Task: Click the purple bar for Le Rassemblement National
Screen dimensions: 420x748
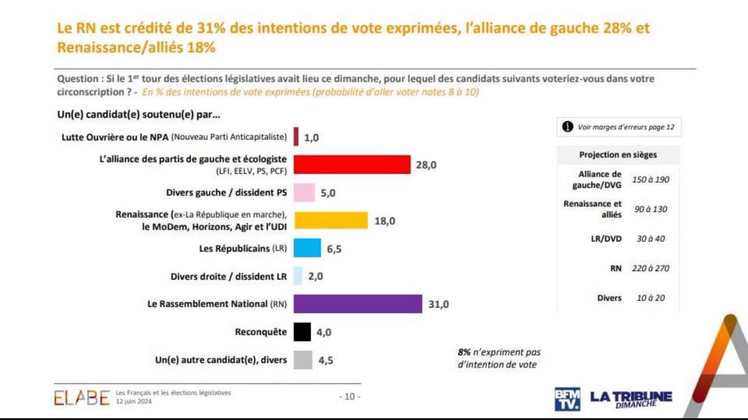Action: click(x=358, y=303)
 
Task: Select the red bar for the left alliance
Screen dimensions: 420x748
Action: click(x=352, y=164)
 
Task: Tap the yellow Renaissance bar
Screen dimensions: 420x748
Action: click(x=330, y=220)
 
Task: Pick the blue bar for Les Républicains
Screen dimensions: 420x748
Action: click(x=307, y=248)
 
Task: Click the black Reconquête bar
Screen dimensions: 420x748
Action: click(x=302, y=332)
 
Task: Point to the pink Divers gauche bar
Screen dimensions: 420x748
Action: click(x=304, y=193)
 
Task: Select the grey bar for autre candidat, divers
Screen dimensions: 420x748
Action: click(x=302, y=360)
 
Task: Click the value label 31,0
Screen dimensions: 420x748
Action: click(x=438, y=304)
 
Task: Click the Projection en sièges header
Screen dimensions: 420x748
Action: click(x=617, y=155)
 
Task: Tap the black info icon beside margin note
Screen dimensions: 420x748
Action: click(x=568, y=126)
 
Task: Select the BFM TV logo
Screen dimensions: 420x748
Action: click(x=567, y=399)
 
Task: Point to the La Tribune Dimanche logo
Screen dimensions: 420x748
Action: click(x=631, y=399)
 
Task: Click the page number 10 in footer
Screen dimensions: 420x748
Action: click(x=349, y=396)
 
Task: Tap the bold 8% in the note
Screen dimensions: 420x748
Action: click(x=464, y=352)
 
